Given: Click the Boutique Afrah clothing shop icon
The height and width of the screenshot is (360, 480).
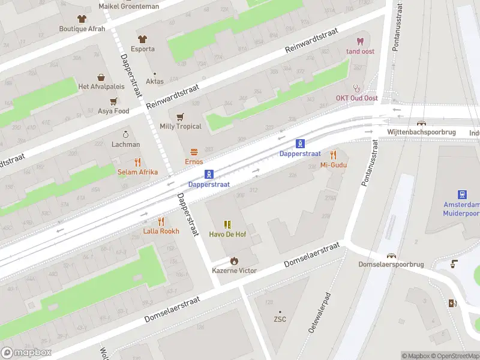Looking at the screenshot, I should [82, 18].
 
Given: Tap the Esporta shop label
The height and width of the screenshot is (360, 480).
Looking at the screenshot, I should [143, 49].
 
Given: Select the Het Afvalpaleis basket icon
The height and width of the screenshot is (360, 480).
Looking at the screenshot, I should [101, 77].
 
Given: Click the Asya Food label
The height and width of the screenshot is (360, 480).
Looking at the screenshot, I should [113, 111].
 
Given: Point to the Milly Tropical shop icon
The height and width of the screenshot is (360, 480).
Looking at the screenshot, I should [179, 116].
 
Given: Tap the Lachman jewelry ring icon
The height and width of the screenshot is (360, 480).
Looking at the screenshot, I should [125, 134].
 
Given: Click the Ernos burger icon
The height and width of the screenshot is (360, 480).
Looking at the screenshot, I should [194, 152].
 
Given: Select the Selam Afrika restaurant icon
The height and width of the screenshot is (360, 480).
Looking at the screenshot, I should [137, 162].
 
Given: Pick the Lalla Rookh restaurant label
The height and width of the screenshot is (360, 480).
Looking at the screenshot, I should [161, 231].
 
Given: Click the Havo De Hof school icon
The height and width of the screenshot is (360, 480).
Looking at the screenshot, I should [227, 224].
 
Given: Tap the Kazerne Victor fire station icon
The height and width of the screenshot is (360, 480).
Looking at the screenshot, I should [234, 261].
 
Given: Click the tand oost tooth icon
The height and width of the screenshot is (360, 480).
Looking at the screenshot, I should [360, 41].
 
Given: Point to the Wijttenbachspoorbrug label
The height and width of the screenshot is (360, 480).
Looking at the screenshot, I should [422, 132].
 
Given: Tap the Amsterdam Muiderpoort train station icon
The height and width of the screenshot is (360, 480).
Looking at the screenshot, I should [463, 194].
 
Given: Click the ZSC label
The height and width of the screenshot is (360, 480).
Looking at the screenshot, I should [280, 319].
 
